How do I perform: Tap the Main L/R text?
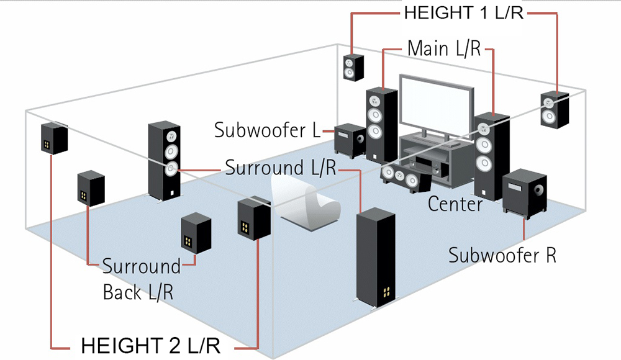(445, 48)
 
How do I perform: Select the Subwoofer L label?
(266, 131)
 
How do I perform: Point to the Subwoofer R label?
(502, 254)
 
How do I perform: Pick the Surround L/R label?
(281, 168)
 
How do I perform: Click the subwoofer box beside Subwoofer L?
(350, 139)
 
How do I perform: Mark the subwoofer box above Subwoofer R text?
(525, 192)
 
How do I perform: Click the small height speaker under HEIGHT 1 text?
(353, 67)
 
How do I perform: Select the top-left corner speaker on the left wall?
(55, 138)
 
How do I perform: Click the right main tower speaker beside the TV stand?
(491, 155)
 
